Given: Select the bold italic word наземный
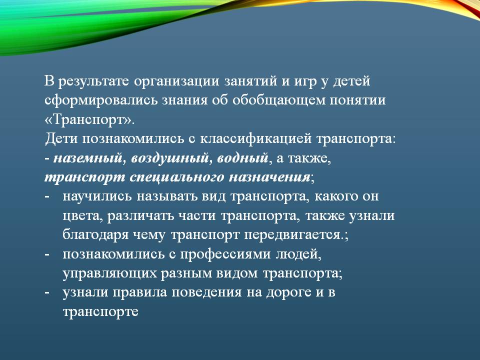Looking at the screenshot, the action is click(x=87, y=158).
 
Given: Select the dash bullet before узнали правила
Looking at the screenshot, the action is click(x=47, y=293).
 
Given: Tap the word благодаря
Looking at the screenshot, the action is click(x=95, y=235).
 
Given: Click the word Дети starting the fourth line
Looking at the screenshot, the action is click(x=62, y=139).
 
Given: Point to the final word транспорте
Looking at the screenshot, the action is click(x=100, y=312).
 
